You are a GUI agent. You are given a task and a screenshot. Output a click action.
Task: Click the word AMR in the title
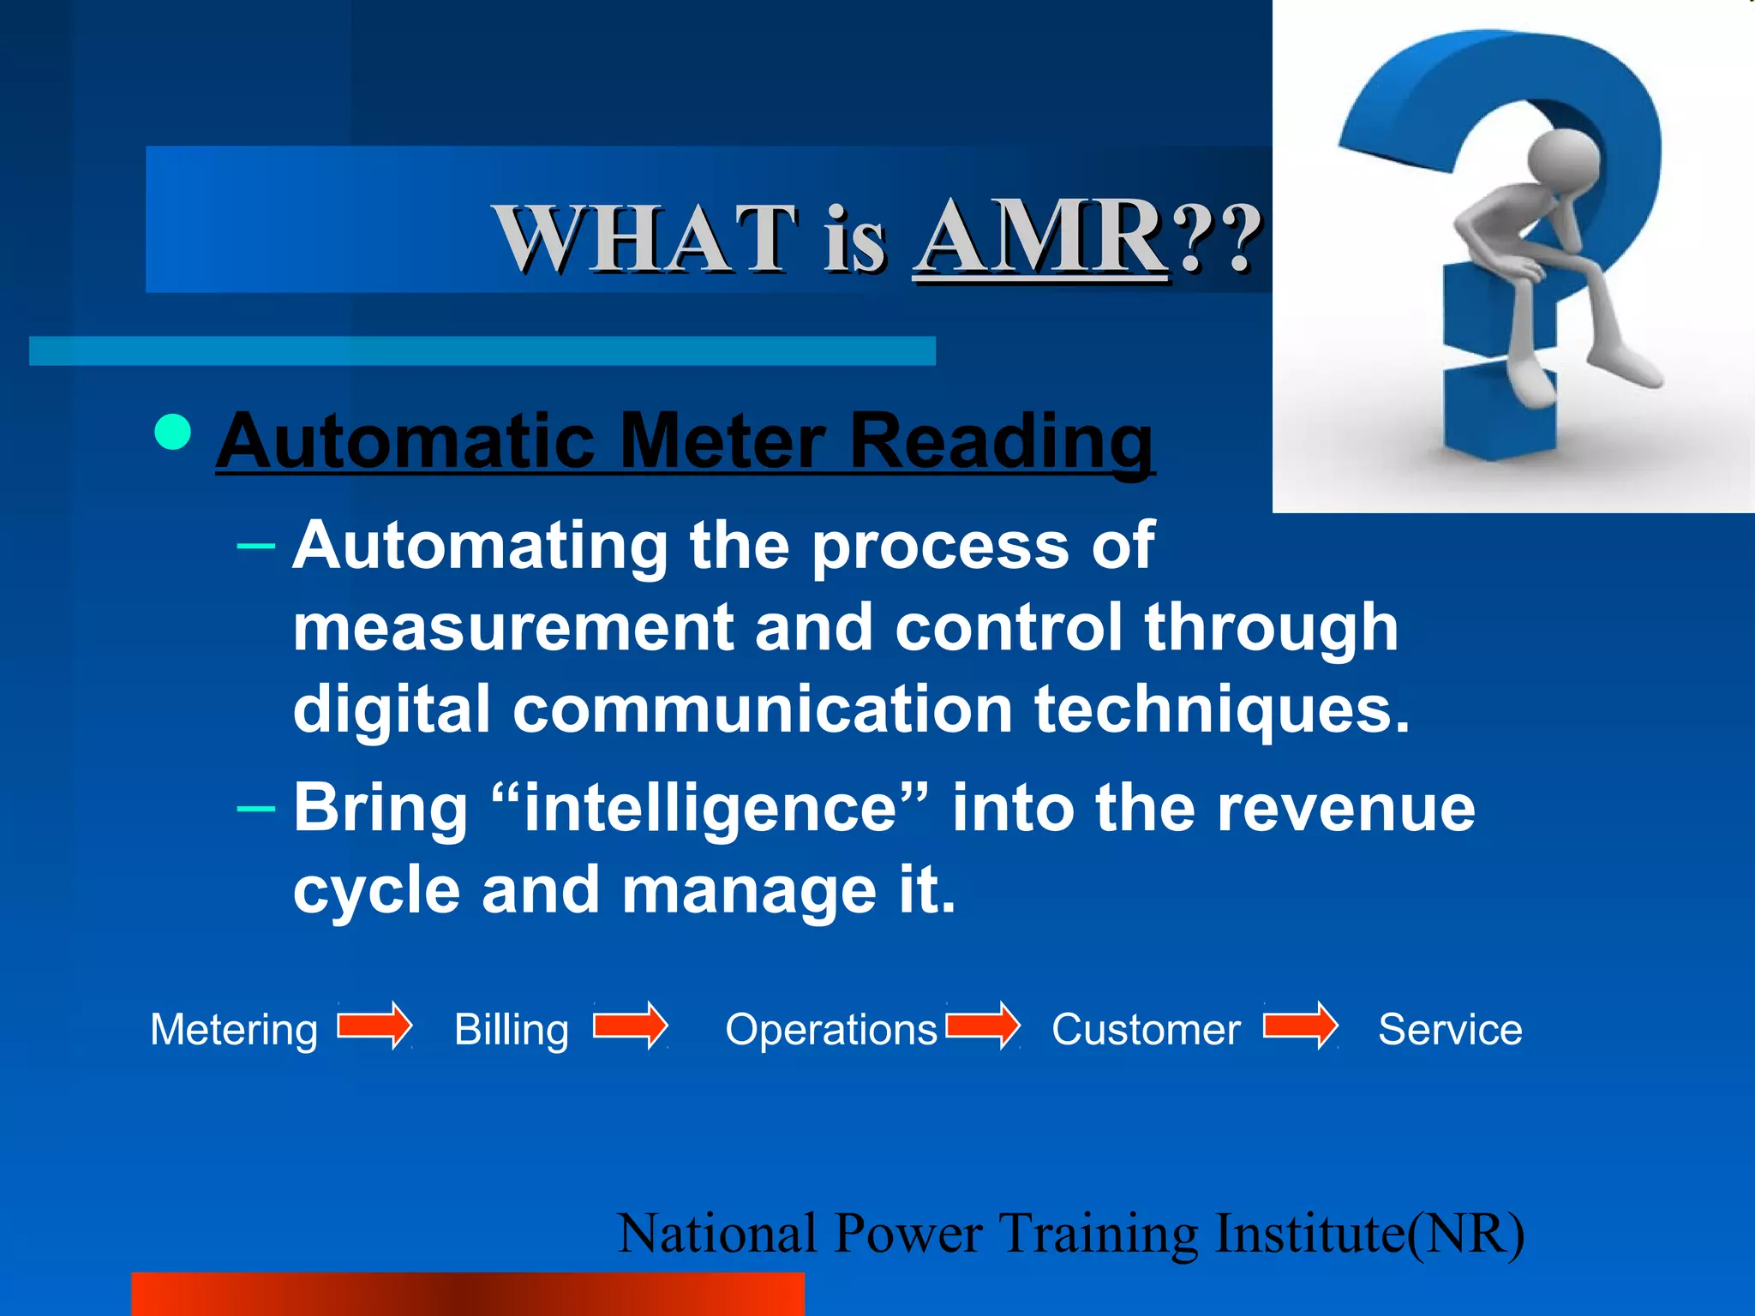click(1041, 237)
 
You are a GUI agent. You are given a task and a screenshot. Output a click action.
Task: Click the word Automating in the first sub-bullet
click(480, 547)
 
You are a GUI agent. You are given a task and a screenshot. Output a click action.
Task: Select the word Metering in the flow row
click(234, 1030)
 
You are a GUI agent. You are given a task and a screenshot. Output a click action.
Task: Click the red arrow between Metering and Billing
click(374, 1026)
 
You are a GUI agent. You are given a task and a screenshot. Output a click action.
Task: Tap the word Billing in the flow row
click(512, 1030)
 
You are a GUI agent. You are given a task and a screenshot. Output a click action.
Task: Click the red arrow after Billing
click(631, 1026)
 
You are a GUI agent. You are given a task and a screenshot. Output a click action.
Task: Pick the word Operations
click(831, 1030)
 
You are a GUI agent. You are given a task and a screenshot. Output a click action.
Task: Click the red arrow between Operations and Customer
click(983, 1026)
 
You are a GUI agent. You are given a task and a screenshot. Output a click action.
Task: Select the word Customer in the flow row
click(1146, 1030)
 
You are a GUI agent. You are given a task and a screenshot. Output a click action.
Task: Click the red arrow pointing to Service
click(1300, 1026)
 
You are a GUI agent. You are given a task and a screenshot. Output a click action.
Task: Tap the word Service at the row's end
click(1450, 1030)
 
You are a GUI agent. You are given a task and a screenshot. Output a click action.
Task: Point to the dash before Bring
click(255, 808)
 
